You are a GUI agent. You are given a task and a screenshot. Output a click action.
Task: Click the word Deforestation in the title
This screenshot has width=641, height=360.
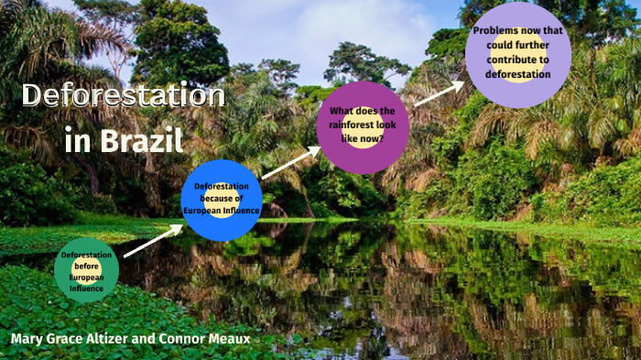[x=123, y=96]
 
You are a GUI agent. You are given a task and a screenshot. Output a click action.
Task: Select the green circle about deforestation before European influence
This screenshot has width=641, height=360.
[x=86, y=270]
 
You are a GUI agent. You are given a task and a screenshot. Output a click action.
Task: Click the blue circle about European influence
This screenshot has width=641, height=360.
[x=222, y=200]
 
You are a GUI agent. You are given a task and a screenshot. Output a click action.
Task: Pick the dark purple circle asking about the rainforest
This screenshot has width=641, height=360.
[x=363, y=127]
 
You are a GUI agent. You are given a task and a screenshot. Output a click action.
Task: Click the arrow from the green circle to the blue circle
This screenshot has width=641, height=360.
[x=152, y=242]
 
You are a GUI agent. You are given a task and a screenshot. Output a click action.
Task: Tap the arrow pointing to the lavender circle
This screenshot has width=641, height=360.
[x=440, y=93]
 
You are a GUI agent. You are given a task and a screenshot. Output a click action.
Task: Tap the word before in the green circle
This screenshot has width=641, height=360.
[x=85, y=266]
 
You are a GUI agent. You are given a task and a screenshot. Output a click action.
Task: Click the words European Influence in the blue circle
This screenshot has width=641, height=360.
[x=222, y=211]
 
